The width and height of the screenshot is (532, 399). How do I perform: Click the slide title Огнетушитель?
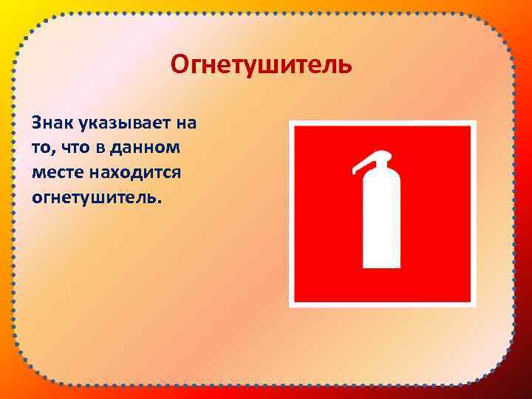[261, 65]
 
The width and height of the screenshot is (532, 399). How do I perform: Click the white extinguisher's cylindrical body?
[381, 222]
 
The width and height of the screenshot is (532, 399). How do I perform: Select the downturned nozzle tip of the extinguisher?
[355, 171]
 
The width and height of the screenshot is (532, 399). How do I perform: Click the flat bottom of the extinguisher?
[381, 265]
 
